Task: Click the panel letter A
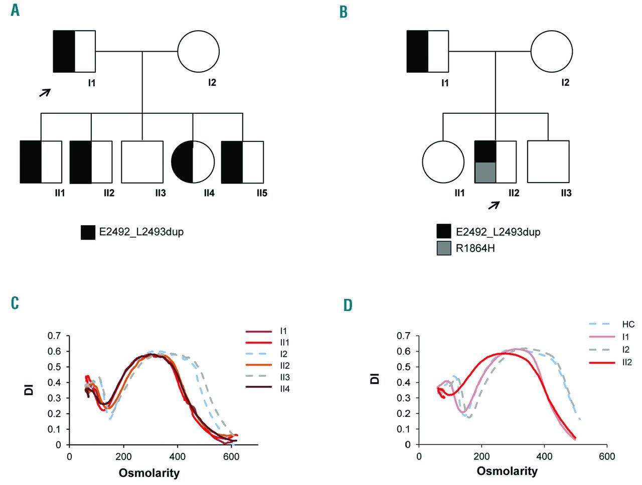tap(15, 10)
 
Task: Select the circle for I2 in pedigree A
tap(199, 51)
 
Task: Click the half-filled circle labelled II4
tap(193, 162)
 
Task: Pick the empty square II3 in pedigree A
tap(142, 161)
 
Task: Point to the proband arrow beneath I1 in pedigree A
tap(45, 92)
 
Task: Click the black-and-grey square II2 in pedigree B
tap(496, 162)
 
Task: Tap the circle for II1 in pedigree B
tap(443, 162)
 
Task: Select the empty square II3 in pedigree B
tap(548, 161)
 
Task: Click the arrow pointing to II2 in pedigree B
tap(494, 205)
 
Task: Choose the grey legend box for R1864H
tap(444, 248)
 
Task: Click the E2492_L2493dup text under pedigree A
tap(141, 232)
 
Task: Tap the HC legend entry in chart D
tap(628, 325)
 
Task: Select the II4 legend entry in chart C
tap(284, 389)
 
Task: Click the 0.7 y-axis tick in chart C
tap(54, 336)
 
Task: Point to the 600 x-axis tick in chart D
tap(607, 456)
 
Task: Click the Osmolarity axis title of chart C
tap(149, 472)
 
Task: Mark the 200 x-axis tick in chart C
tap(123, 456)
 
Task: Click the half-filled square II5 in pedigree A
tap(242, 162)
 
